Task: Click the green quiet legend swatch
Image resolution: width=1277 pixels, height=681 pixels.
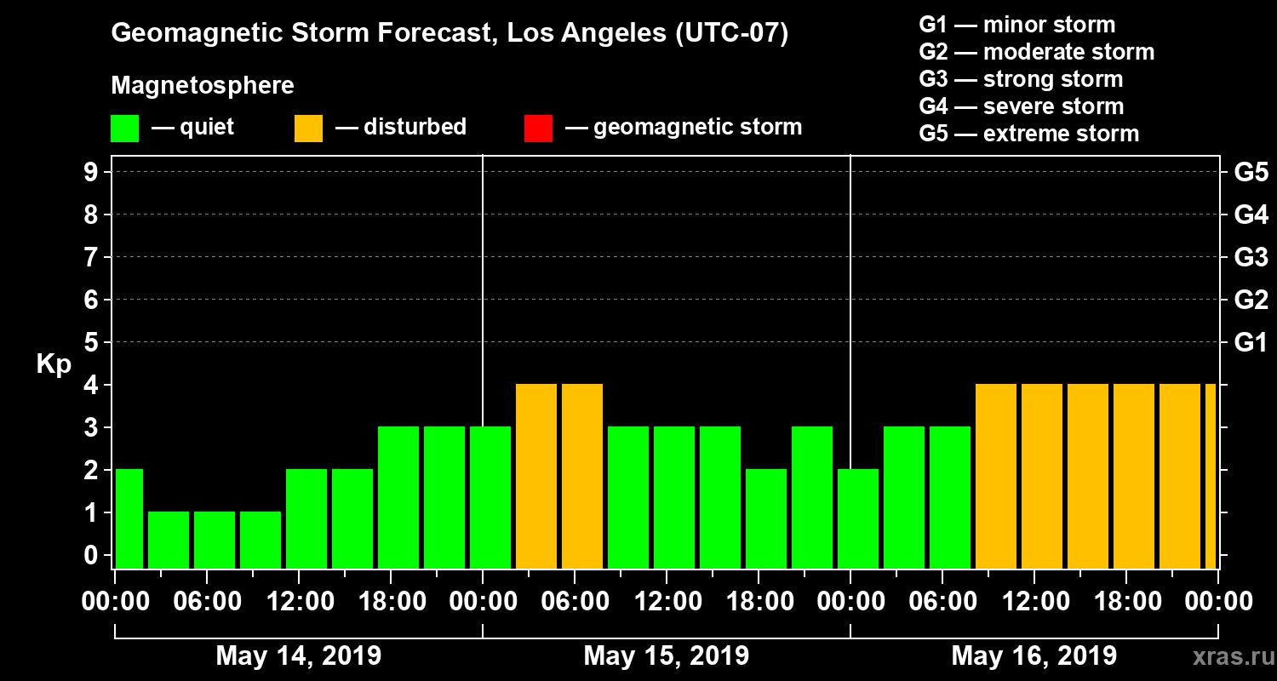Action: pos(124,128)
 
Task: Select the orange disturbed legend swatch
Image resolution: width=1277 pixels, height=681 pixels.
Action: pos(308,128)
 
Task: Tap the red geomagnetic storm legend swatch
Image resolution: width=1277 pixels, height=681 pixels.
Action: pos(538,128)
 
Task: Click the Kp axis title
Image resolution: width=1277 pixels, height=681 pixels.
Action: pos(54,364)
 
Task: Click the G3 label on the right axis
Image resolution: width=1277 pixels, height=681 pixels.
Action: pos(1251,257)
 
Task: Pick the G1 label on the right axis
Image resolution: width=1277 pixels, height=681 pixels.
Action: pos(1251,343)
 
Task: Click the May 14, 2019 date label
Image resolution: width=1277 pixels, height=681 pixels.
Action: pos(299,655)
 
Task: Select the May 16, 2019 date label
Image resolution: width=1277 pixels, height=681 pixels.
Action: pos(1034,655)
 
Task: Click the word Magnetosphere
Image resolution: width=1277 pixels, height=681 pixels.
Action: pos(203,86)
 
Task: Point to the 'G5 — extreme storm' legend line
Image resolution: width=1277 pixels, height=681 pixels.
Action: pos(1028,134)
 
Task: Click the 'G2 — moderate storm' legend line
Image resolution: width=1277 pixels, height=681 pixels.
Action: pos(1036,52)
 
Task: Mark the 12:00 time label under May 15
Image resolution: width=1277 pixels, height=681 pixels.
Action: pos(667,602)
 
